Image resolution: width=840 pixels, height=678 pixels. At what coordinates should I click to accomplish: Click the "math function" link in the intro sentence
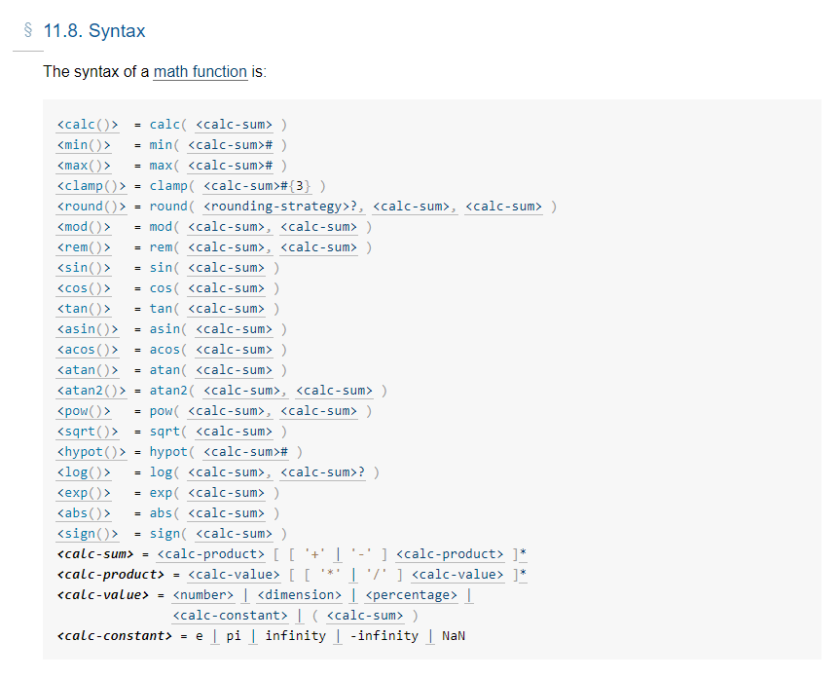pos(201,73)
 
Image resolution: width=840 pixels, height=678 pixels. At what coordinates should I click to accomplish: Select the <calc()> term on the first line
pos(88,125)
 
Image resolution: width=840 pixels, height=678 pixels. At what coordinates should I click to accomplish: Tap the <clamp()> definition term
pos(91,186)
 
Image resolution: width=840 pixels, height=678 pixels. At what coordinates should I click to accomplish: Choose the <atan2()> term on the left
pos(91,391)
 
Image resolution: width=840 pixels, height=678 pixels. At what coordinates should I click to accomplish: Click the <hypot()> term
pos(91,452)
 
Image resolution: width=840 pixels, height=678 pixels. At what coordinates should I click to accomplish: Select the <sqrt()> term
pos(88,432)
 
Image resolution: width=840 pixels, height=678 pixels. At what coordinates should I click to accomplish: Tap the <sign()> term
pos(88,534)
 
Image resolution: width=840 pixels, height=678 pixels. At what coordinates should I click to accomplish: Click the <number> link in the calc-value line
pos(203,595)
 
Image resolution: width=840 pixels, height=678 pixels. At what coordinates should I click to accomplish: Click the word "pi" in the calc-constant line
pos(235,636)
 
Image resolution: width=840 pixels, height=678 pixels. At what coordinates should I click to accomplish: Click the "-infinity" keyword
pos(383,636)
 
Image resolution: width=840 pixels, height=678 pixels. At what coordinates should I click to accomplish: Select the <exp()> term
pos(84,493)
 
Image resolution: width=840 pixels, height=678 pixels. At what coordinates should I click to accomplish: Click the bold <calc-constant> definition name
pos(115,636)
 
